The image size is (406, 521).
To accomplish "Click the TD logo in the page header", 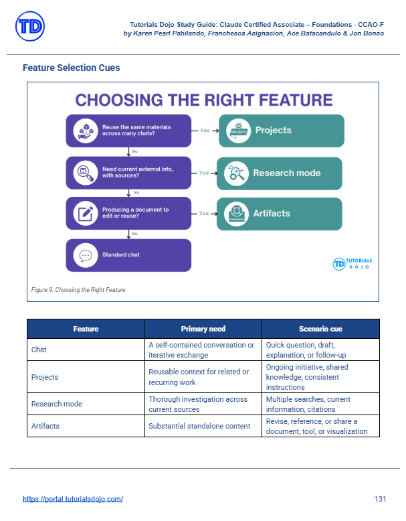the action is (30, 26).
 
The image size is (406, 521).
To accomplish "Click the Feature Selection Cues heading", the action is (71, 68).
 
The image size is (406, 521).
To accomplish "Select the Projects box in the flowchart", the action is (282, 131).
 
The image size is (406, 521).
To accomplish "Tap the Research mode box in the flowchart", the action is (280, 173).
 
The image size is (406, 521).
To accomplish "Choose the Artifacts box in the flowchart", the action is (280, 214).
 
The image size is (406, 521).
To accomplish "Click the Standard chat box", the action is (128, 255).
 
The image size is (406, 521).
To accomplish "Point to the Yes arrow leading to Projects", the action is (205, 131).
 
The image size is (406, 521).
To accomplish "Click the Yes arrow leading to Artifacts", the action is (205, 214).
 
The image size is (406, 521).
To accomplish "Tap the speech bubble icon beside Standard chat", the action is (86, 256).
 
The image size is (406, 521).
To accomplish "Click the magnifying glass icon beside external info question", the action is (86, 173).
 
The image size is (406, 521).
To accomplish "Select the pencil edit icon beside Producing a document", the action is (86, 214).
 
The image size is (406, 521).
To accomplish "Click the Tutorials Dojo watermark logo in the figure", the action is (352, 264).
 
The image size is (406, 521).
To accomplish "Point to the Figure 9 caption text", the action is (78, 290).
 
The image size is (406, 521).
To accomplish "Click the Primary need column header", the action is (203, 329).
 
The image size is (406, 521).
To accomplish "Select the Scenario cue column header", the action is (320, 329).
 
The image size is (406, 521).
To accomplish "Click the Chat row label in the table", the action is (39, 350).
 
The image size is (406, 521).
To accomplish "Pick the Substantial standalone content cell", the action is (199, 426).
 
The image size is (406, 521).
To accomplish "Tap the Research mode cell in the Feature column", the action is (57, 404).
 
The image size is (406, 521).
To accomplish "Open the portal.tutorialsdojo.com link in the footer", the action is (73, 499).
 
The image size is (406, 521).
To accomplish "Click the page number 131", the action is (380, 499).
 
